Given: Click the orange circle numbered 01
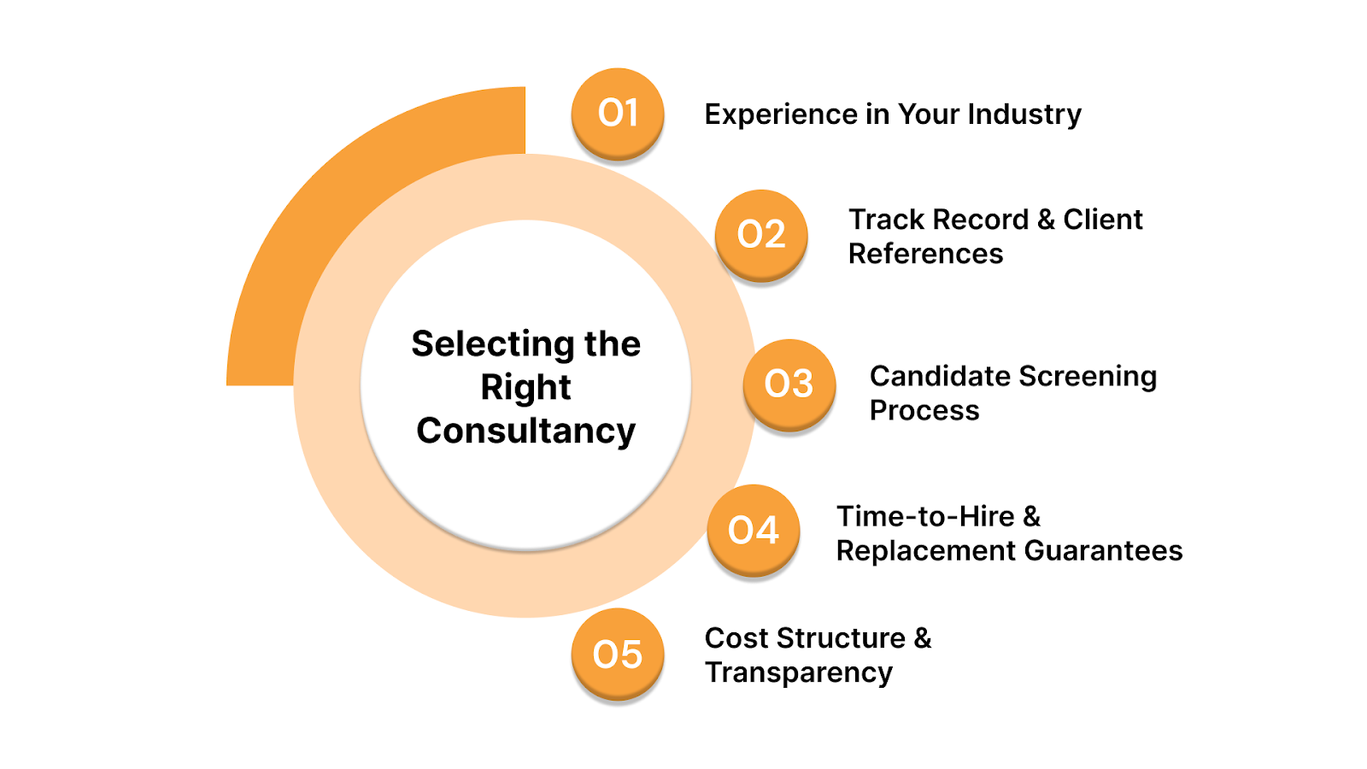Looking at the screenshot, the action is (618, 113).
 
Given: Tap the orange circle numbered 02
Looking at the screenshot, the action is (761, 234).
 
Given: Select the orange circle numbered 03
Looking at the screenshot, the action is (789, 384).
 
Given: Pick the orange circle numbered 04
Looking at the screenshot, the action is (754, 530).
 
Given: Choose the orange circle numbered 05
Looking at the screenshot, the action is (618, 654).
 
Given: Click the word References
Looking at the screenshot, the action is (925, 254).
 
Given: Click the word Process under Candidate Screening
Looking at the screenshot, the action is (924, 410).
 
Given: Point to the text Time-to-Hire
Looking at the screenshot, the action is (925, 516).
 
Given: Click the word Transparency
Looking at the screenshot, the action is (799, 672).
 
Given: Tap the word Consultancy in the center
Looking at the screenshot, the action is (526, 431).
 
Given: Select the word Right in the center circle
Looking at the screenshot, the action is (525, 387).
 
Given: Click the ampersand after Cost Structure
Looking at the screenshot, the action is (923, 638).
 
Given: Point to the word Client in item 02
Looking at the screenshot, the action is (1102, 220).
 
